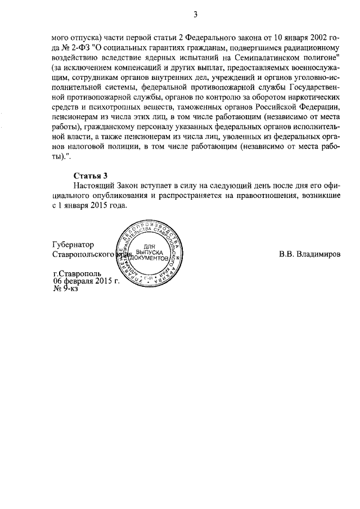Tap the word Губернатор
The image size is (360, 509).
point(73,245)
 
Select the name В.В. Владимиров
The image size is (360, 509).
point(310,254)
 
